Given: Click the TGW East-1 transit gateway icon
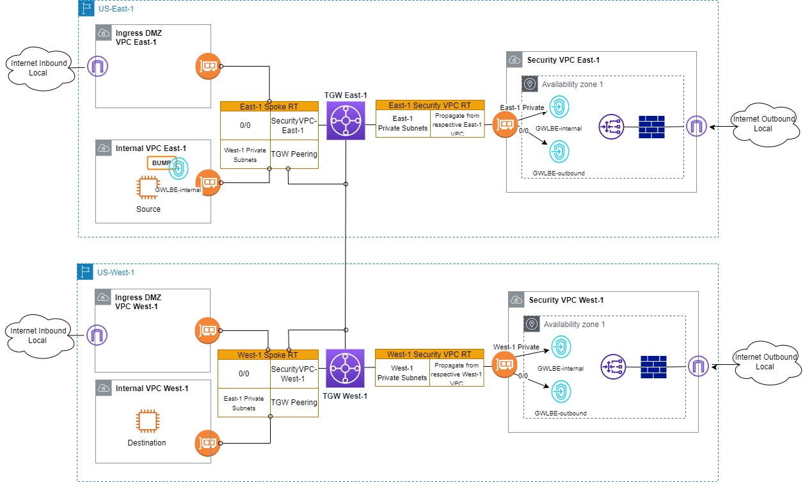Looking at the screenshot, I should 346,121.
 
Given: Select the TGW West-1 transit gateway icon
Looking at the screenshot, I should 345,368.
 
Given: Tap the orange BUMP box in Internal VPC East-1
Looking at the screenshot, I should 161,163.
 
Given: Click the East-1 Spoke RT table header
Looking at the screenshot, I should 269,106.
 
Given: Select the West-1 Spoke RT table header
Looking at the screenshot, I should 267,355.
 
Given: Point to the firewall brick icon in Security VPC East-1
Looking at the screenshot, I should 651,127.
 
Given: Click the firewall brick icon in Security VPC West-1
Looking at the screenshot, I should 653,367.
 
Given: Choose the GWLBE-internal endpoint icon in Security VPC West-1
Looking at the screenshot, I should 561,346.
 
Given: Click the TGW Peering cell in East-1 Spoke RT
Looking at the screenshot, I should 294,154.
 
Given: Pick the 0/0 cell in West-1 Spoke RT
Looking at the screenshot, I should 244,374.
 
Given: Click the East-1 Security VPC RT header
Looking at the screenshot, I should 429,105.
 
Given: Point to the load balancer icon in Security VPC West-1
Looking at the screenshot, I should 613,367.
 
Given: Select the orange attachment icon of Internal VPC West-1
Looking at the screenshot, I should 207,442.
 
